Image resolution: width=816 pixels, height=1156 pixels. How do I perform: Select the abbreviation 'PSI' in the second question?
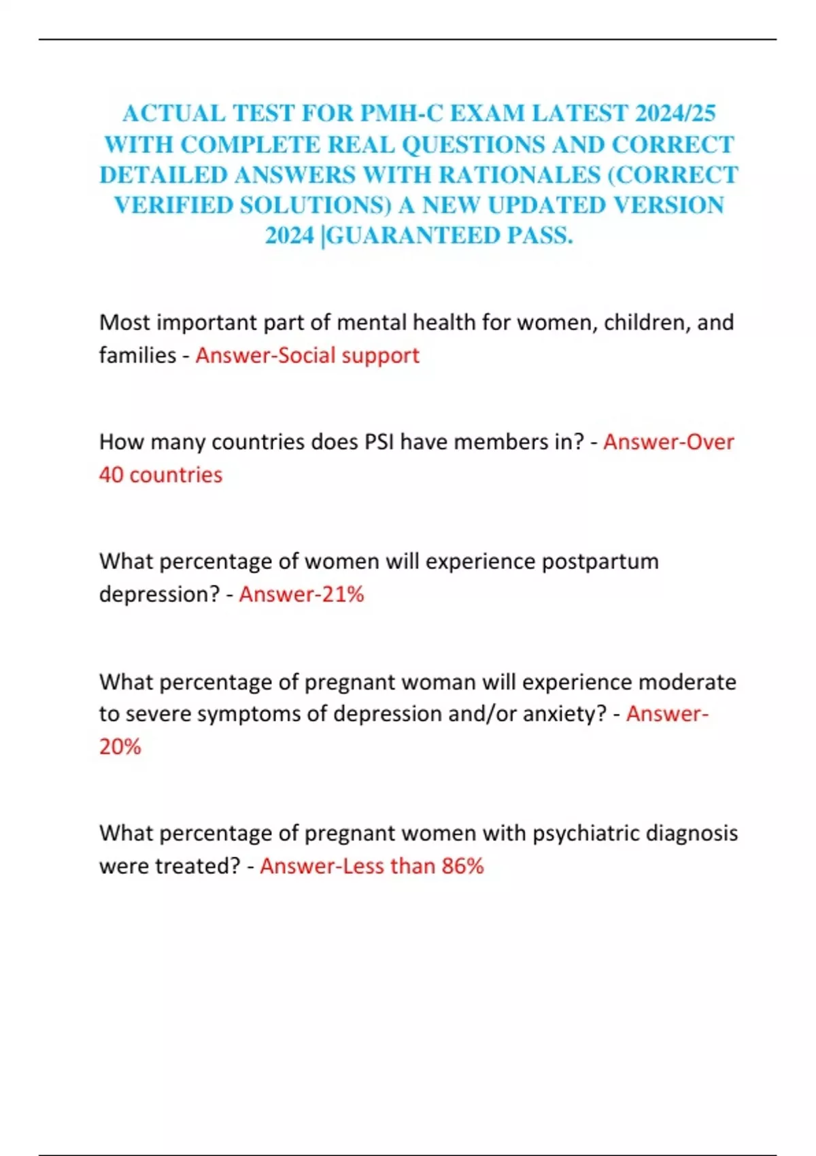click(x=379, y=442)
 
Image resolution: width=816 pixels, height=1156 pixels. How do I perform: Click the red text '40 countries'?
click(x=160, y=475)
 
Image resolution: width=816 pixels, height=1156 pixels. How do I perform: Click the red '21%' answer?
click(x=343, y=594)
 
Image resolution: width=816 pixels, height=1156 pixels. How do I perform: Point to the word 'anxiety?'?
click(x=564, y=714)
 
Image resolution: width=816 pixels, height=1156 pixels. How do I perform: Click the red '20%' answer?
click(x=120, y=747)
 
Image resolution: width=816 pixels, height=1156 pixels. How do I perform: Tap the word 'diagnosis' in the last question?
click(x=694, y=833)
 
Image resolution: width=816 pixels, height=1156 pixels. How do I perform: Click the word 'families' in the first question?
click(x=137, y=355)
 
